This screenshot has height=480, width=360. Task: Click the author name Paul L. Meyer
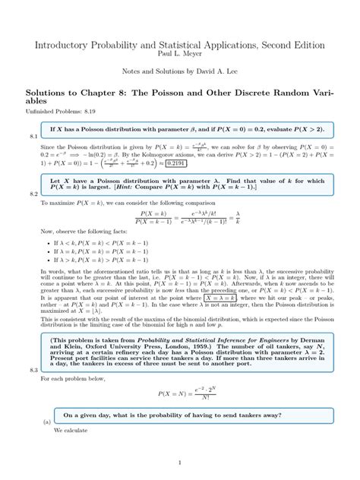click(179, 54)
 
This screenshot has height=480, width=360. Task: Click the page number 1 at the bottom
click(179, 463)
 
